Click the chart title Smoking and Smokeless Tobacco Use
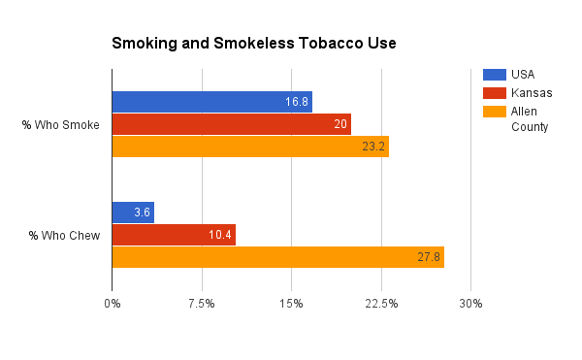(x=253, y=44)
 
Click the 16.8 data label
(x=297, y=101)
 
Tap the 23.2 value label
(x=372, y=147)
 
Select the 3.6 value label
(x=142, y=213)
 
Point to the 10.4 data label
(x=219, y=235)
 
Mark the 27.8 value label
(x=428, y=257)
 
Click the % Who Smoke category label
(x=60, y=123)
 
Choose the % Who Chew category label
(x=61, y=235)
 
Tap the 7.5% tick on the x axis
(x=202, y=305)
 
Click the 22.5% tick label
(x=381, y=305)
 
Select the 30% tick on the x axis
(x=470, y=305)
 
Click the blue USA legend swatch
(x=494, y=74)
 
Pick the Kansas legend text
(x=532, y=92)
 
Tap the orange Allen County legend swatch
(x=494, y=111)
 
